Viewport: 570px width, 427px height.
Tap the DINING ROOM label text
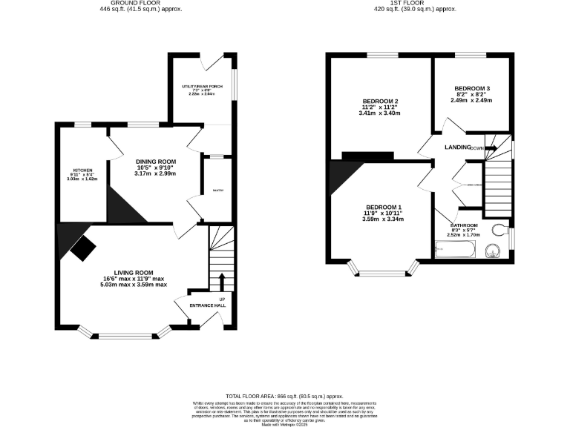click(155, 162)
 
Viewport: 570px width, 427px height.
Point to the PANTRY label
click(217, 191)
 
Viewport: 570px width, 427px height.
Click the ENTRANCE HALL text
click(208, 305)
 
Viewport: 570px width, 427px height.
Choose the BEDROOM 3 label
click(471, 88)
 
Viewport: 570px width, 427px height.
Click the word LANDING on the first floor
click(458, 148)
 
